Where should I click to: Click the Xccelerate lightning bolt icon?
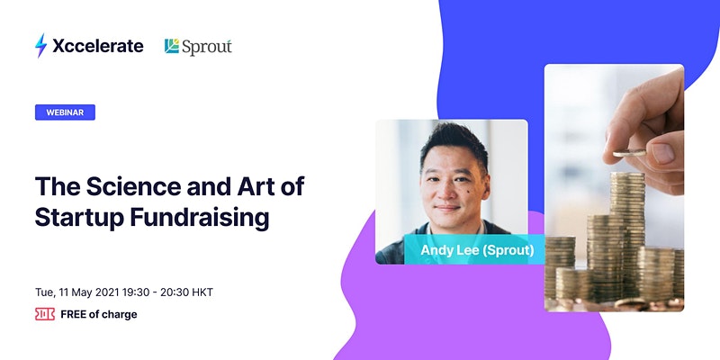click(40, 46)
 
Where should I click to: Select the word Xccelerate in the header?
click(98, 46)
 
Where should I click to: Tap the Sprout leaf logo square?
click(172, 46)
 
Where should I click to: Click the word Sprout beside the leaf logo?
click(207, 47)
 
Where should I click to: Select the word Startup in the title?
click(79, 218)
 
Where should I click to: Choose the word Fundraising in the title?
click(199, 218)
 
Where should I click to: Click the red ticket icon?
click(45, 314)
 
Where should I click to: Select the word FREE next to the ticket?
click(74, 314)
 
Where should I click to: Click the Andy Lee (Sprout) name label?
click(477, 250)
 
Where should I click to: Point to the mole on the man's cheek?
click(469, 190)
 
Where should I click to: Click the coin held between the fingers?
click(629, 153)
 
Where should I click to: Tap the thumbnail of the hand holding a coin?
click(614, 188)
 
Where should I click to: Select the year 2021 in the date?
click(107, 292)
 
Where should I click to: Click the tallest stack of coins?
click(627, 234)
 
